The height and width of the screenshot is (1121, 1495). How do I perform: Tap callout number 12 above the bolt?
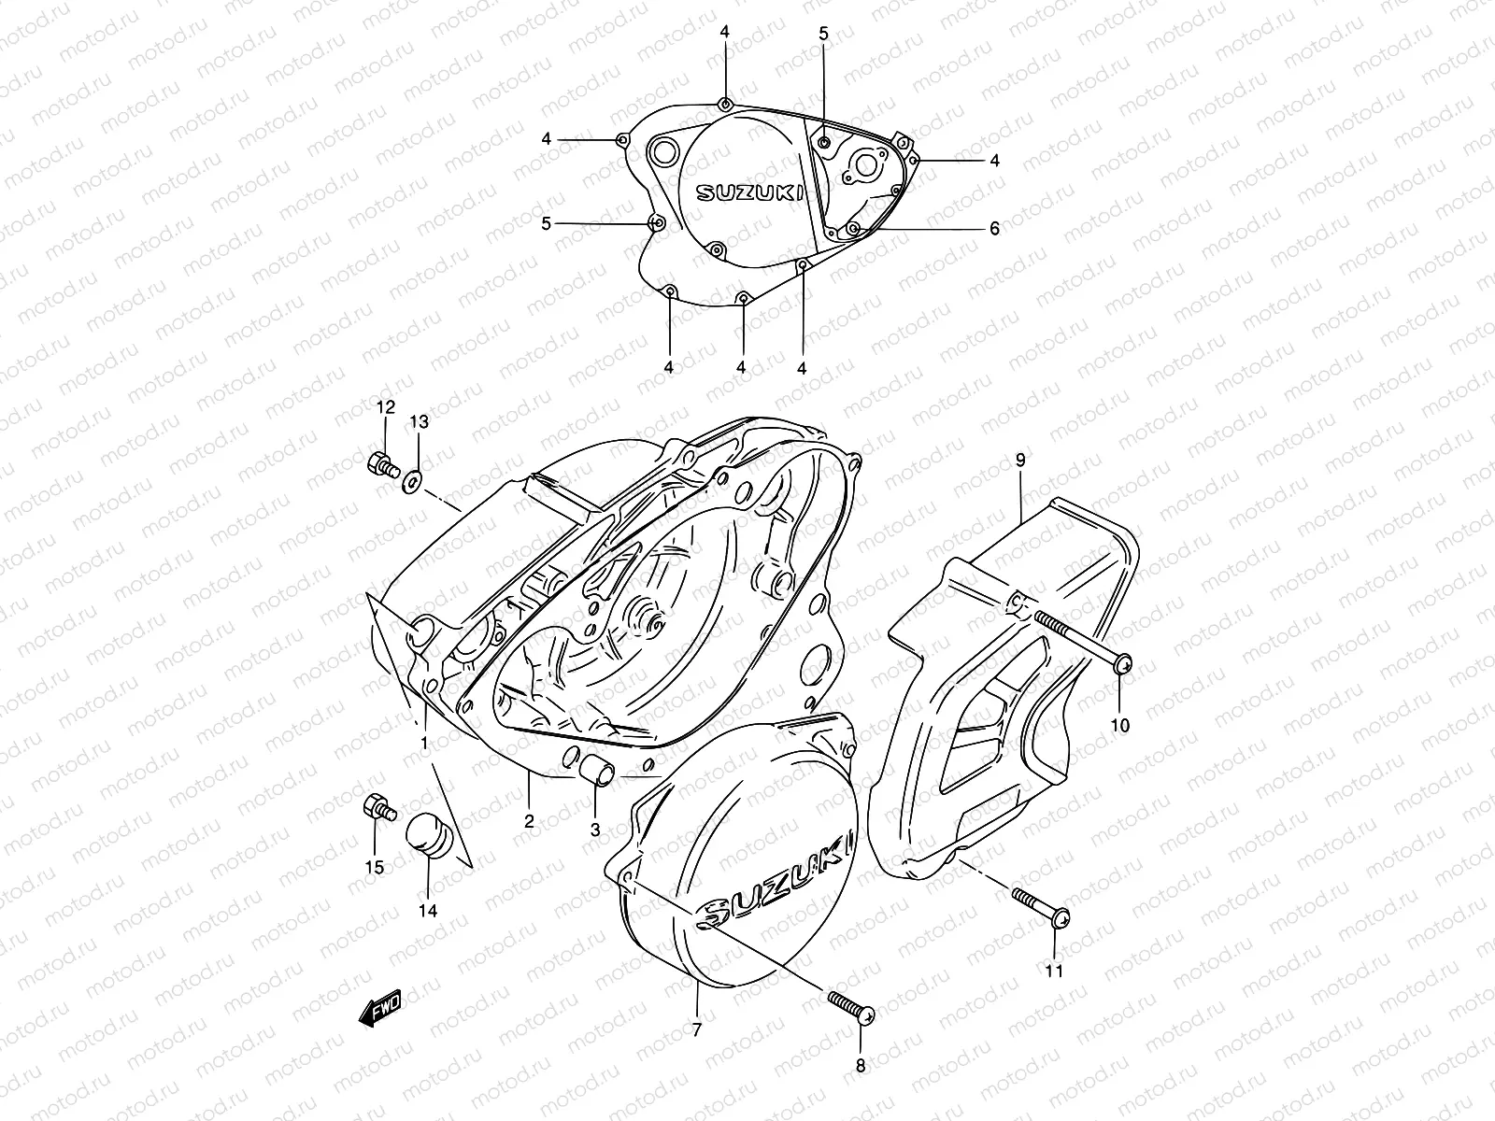click(x=386, y=406)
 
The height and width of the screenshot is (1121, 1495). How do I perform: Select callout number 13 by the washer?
click(x=420, y=422)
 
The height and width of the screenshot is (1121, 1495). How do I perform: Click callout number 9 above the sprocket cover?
click(x=1020, y=460)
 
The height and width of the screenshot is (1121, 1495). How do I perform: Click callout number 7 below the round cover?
click(x=697, y=1030)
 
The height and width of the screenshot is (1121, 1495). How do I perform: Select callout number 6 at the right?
click(x=994, y=228)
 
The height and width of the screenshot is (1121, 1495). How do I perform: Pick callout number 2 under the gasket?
click(x=529, y=821)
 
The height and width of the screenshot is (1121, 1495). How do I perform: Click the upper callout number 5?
click(x=823, y=34)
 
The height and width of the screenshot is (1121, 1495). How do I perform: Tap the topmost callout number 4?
click(x=724, y=31)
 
